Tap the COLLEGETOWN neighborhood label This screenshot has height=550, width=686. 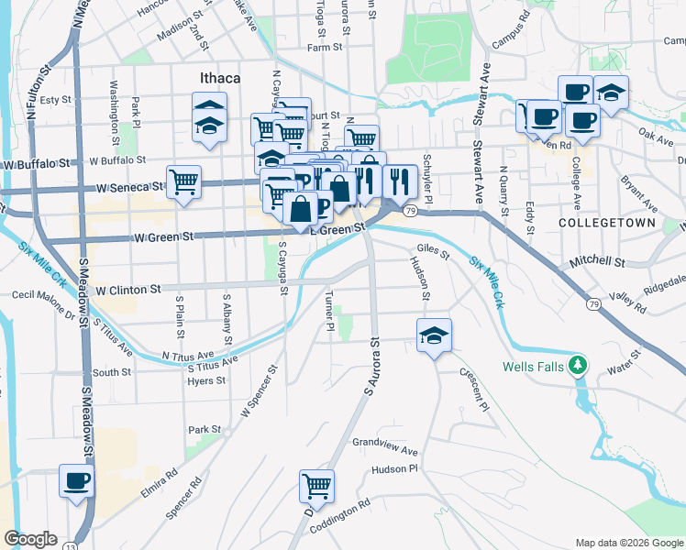pos(596,223)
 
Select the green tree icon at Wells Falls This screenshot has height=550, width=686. pos(577,366)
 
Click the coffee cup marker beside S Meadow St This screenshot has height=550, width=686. pos(76,480)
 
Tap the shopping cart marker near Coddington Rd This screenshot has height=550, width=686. pos(316,486)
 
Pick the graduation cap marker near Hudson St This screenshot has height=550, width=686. pos(434,335)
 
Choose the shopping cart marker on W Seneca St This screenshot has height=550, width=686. pos(184,181)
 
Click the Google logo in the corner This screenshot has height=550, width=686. pos(30,539)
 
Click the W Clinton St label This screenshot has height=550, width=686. pos(127,290)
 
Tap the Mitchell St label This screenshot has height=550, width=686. pos(596,261)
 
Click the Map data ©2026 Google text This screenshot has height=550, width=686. pos(629,543)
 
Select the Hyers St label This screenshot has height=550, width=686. pos(199,380)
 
